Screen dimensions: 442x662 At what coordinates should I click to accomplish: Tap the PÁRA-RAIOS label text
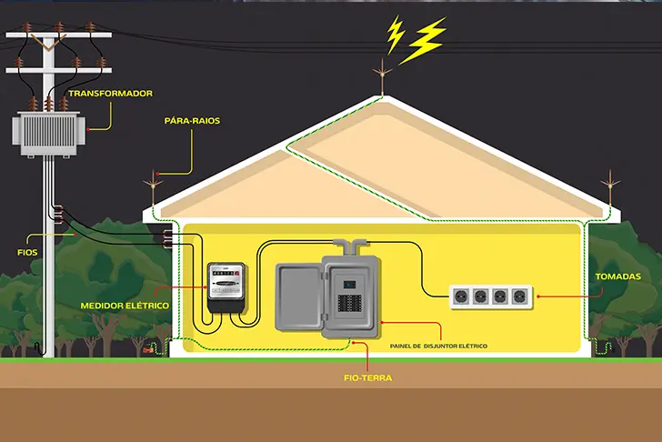192,120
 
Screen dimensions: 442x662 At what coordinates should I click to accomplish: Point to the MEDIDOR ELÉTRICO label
125,306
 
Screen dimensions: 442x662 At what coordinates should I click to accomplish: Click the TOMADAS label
617,276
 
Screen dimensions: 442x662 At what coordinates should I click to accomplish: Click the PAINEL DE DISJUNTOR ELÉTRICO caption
438,347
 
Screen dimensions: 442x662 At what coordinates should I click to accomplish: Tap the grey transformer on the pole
49,133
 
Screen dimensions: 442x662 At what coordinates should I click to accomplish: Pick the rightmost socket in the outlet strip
518,296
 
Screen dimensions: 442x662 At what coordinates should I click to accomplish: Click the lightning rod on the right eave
607,192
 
